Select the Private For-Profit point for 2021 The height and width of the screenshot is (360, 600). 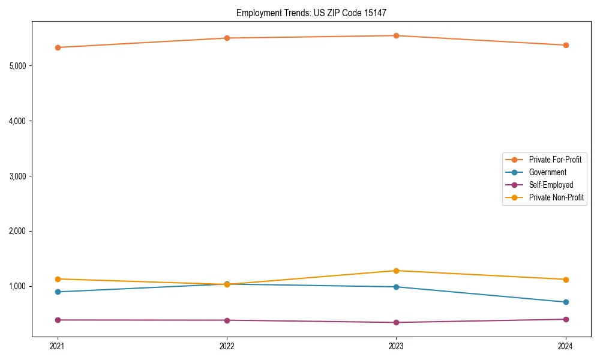pyautogui.click(x=58, y=47)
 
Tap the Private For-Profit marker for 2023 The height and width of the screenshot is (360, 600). pyautogui.click(x=396, y=35)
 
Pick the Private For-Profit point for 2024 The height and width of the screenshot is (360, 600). pyautogui.click(x=566, y=45)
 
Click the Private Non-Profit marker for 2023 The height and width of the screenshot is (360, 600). pyautogui.click(x=396, y=271)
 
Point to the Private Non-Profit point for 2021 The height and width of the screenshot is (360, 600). pyautogui.click(x=58, y=279)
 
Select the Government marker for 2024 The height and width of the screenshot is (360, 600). pyautogui.click(x=566, y=302)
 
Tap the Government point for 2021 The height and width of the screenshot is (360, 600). pyautogui.click(x=58, y=292)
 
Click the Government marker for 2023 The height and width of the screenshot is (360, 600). pyautogui.click(x=396, y=287)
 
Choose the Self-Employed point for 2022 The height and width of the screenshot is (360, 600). pyautogui.click(x=227, y=320)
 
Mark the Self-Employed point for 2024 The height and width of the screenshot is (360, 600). pyautogui.click(x=566, y=319)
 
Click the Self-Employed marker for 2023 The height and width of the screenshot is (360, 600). pyautogui.click(x=396, y=322)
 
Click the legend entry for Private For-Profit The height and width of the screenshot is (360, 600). pyautogui.click(x=555, y=160)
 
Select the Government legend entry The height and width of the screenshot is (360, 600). pyautogui.click(x=547, y=172)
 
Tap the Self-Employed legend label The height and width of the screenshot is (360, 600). pyautogui.click(x=551, y=185)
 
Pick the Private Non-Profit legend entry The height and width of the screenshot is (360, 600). pyautogui.click(x=556, y=197)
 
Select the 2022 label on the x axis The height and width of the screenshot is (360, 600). pyautogui.click(x=227, y=346)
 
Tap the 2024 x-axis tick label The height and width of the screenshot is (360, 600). pyautogui.click(x=566, y=346)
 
